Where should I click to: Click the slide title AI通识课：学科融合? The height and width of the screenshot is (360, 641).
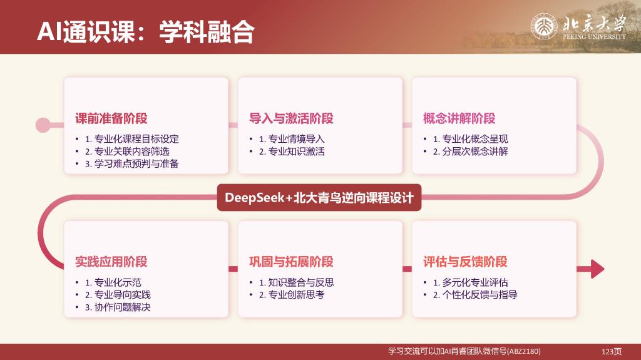coord(145,31)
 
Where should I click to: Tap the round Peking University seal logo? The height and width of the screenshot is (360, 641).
coord(544,26)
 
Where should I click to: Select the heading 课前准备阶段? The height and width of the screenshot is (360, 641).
coord(111,118)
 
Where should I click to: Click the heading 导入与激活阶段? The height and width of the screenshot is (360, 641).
coord(291,118)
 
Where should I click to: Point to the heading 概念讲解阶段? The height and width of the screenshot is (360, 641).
coord(459,118)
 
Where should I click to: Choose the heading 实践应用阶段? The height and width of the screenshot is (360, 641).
coord(111,262)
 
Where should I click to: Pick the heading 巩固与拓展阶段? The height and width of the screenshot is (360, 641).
coord(291,262)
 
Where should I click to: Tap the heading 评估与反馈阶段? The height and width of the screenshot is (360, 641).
coord(465,262)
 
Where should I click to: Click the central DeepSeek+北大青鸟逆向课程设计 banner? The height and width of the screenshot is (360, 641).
coord(319,198)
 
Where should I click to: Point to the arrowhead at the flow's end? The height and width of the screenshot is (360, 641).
coord(597,269)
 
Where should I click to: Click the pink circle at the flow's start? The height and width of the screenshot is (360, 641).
coord(43,125)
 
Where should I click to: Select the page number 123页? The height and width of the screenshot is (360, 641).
coord(612,351)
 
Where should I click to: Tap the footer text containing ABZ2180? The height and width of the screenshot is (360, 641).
coord(464,351)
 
